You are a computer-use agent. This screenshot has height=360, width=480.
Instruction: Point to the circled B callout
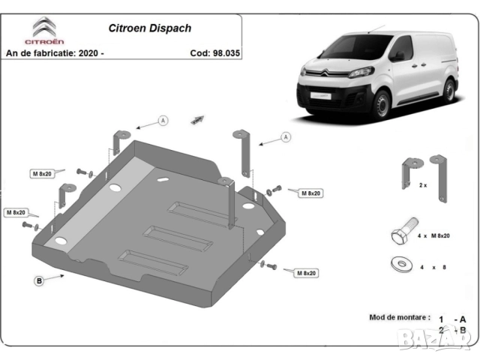[x=38, y=280]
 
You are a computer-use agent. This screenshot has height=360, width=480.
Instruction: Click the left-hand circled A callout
[x=163, y=121]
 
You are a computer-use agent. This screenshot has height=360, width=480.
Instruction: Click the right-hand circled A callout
[x=286, y=136]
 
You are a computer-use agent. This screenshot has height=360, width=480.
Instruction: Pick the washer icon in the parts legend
[x=400, y=265]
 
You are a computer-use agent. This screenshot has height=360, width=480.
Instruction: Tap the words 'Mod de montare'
[x=400, y=317]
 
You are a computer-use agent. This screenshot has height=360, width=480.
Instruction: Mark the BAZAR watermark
[x=442, y=341]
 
